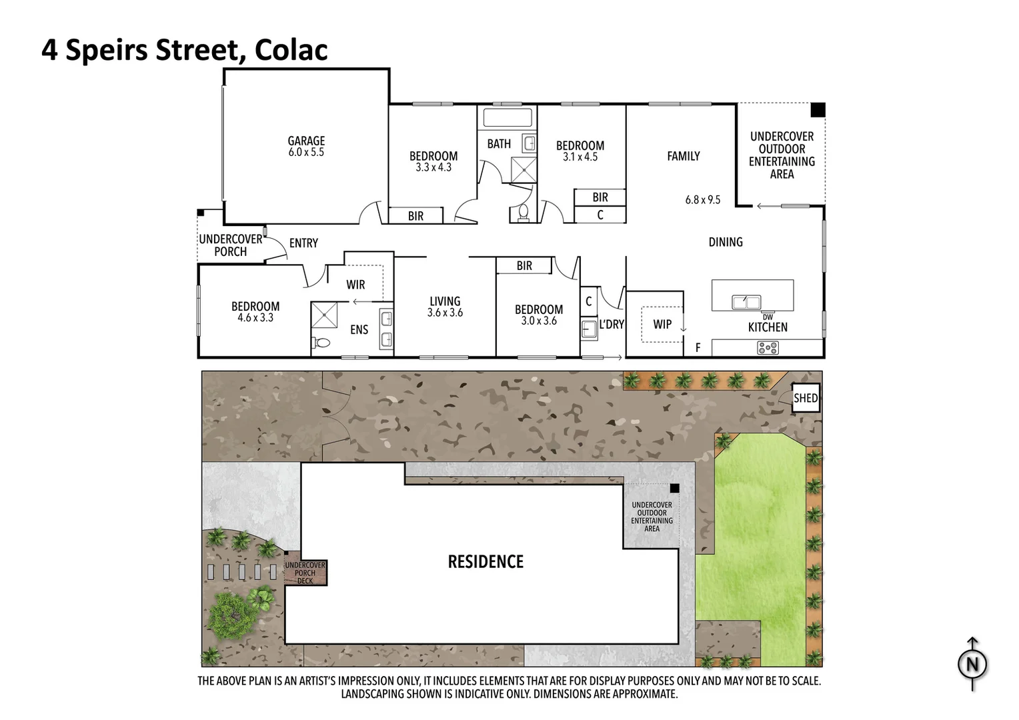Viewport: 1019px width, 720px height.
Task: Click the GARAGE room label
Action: tap(306, 141)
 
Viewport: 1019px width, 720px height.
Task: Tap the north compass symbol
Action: tap(972, 663)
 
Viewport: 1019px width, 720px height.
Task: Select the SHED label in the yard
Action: tap(805, 398)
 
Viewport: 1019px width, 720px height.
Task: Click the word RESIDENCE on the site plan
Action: tap(485, 561)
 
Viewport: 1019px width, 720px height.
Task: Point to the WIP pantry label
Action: tap(662, 324)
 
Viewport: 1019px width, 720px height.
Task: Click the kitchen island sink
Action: tap(746, 302)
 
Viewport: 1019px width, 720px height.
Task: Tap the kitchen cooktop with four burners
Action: tap(768, 347)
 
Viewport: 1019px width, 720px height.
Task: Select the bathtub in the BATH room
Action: tap(507, 119)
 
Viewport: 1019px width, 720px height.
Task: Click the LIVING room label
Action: tap(445, 301)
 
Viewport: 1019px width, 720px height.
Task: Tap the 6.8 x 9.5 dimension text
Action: tap(703, 199)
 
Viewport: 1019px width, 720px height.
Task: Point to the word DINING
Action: tap(726, 242)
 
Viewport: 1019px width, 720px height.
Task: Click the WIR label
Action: tap(355, 285)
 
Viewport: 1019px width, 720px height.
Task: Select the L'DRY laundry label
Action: tap(611, 325)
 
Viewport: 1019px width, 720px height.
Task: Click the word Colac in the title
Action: tap(291, 50)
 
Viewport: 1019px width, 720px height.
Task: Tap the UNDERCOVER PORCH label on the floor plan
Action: tap(231, 245)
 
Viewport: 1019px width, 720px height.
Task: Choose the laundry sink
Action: tap(589, 329)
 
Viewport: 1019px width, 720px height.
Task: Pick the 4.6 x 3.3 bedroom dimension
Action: tap(255, 318)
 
